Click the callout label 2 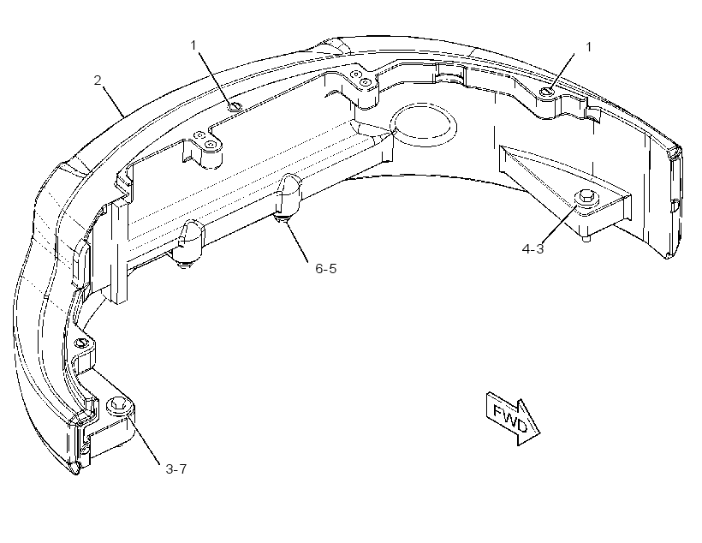click(98, 81)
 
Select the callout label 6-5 click(326, 269)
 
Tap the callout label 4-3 click(532, 248)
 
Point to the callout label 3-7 click(176, 469)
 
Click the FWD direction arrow click(514, 416)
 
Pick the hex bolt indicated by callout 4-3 click(586, 198)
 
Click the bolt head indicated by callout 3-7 click(118, 405)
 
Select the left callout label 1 click(193, 45)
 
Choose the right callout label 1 click(588, 47)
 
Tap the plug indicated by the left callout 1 click(235, 106)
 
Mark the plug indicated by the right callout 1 click(547, 92)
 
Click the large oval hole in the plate click(424, 125)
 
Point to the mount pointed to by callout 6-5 click(289, 197)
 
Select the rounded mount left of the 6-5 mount click(190, 242)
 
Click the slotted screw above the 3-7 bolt click(81, 343)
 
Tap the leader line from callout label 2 click(113, 101)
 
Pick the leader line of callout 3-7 click(143, 438)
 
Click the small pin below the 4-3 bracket click(586, 238)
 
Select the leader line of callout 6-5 click(296, 239)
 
